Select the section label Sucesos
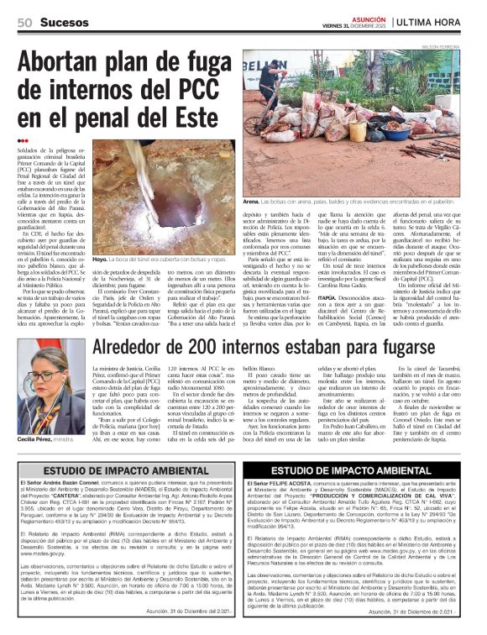click(x=62, y=23)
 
